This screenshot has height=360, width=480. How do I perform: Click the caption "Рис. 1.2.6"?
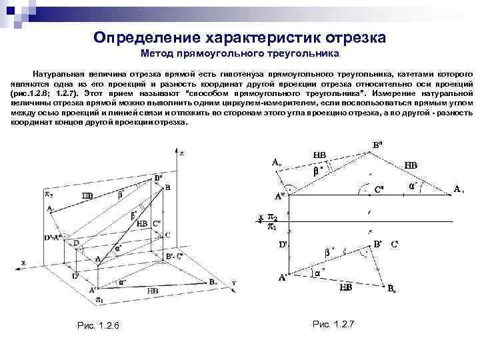pos(98,325)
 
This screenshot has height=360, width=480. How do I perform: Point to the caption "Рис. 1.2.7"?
pos(333,323)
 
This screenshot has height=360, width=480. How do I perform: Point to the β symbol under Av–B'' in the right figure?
pos(317,171)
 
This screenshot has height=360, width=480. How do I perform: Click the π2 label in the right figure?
pos(272,217)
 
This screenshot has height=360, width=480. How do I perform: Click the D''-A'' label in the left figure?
pos(53,237)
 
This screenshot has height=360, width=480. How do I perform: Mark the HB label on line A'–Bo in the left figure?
pos(153,291)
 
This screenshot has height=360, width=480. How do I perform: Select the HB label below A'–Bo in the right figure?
pos(346,287)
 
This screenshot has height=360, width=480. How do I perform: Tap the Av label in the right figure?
pos(276,161)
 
